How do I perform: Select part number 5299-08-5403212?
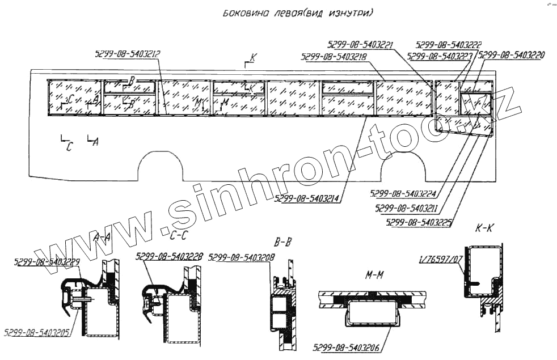[128, 54]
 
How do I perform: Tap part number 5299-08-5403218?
[335, 57]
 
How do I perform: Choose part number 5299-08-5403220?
[512, 56]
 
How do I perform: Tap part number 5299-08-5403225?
[419, 223]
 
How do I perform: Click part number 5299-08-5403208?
[242, 257]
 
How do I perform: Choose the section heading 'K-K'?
[485, 230]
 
